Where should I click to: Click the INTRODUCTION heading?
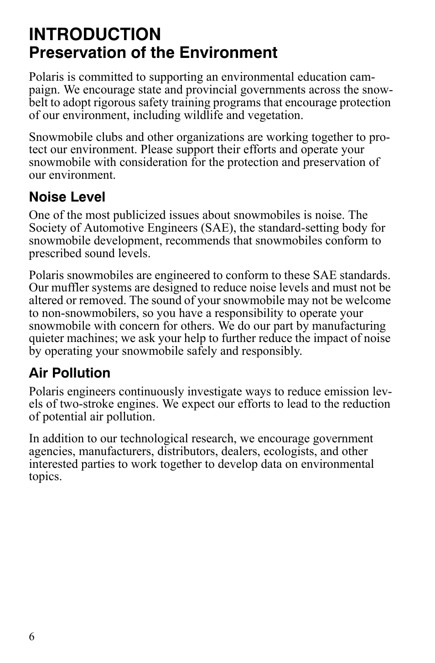pos(95,34)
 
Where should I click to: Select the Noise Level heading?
pos(67,197)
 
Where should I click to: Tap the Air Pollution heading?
pos(69,373)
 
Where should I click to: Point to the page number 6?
pos(31,637)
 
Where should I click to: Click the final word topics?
pos(45,477)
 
